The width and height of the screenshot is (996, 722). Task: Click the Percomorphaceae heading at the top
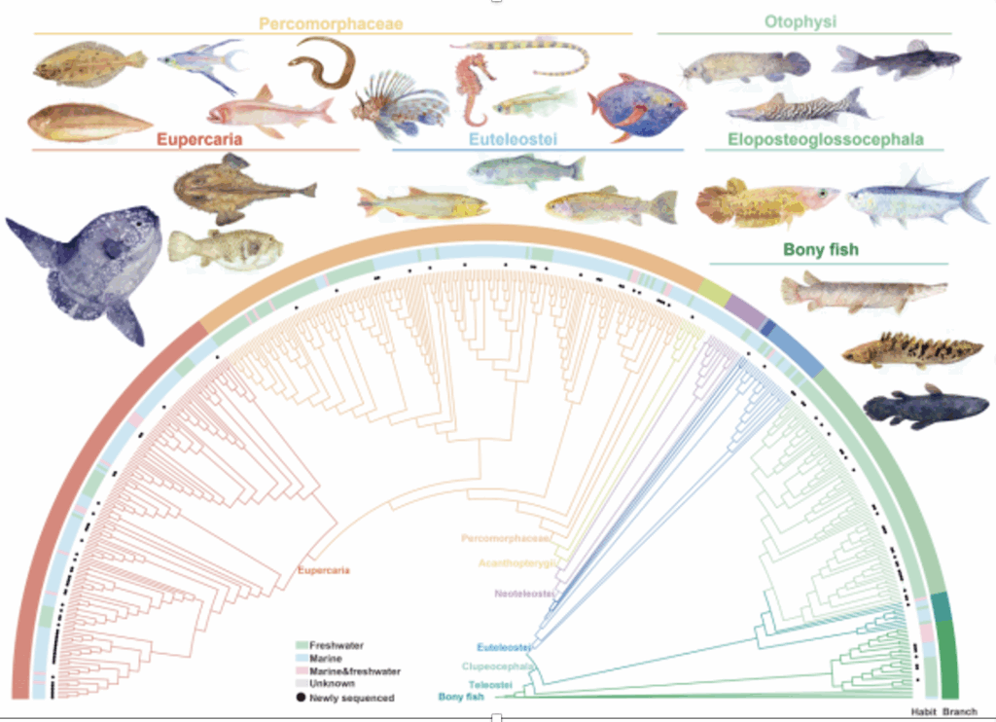pos(331,21)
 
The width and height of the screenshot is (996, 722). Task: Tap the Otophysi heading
pos(800,21)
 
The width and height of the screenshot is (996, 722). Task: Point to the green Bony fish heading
pos(821,250)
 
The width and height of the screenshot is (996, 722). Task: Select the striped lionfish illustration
pos(399,105)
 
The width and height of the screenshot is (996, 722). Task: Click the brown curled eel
pos(323,62)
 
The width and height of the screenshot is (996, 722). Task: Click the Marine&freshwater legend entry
pos(353,671)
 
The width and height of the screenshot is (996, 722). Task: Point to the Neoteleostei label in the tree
pos(524,594)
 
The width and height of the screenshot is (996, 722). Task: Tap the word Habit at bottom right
pos(923,712)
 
